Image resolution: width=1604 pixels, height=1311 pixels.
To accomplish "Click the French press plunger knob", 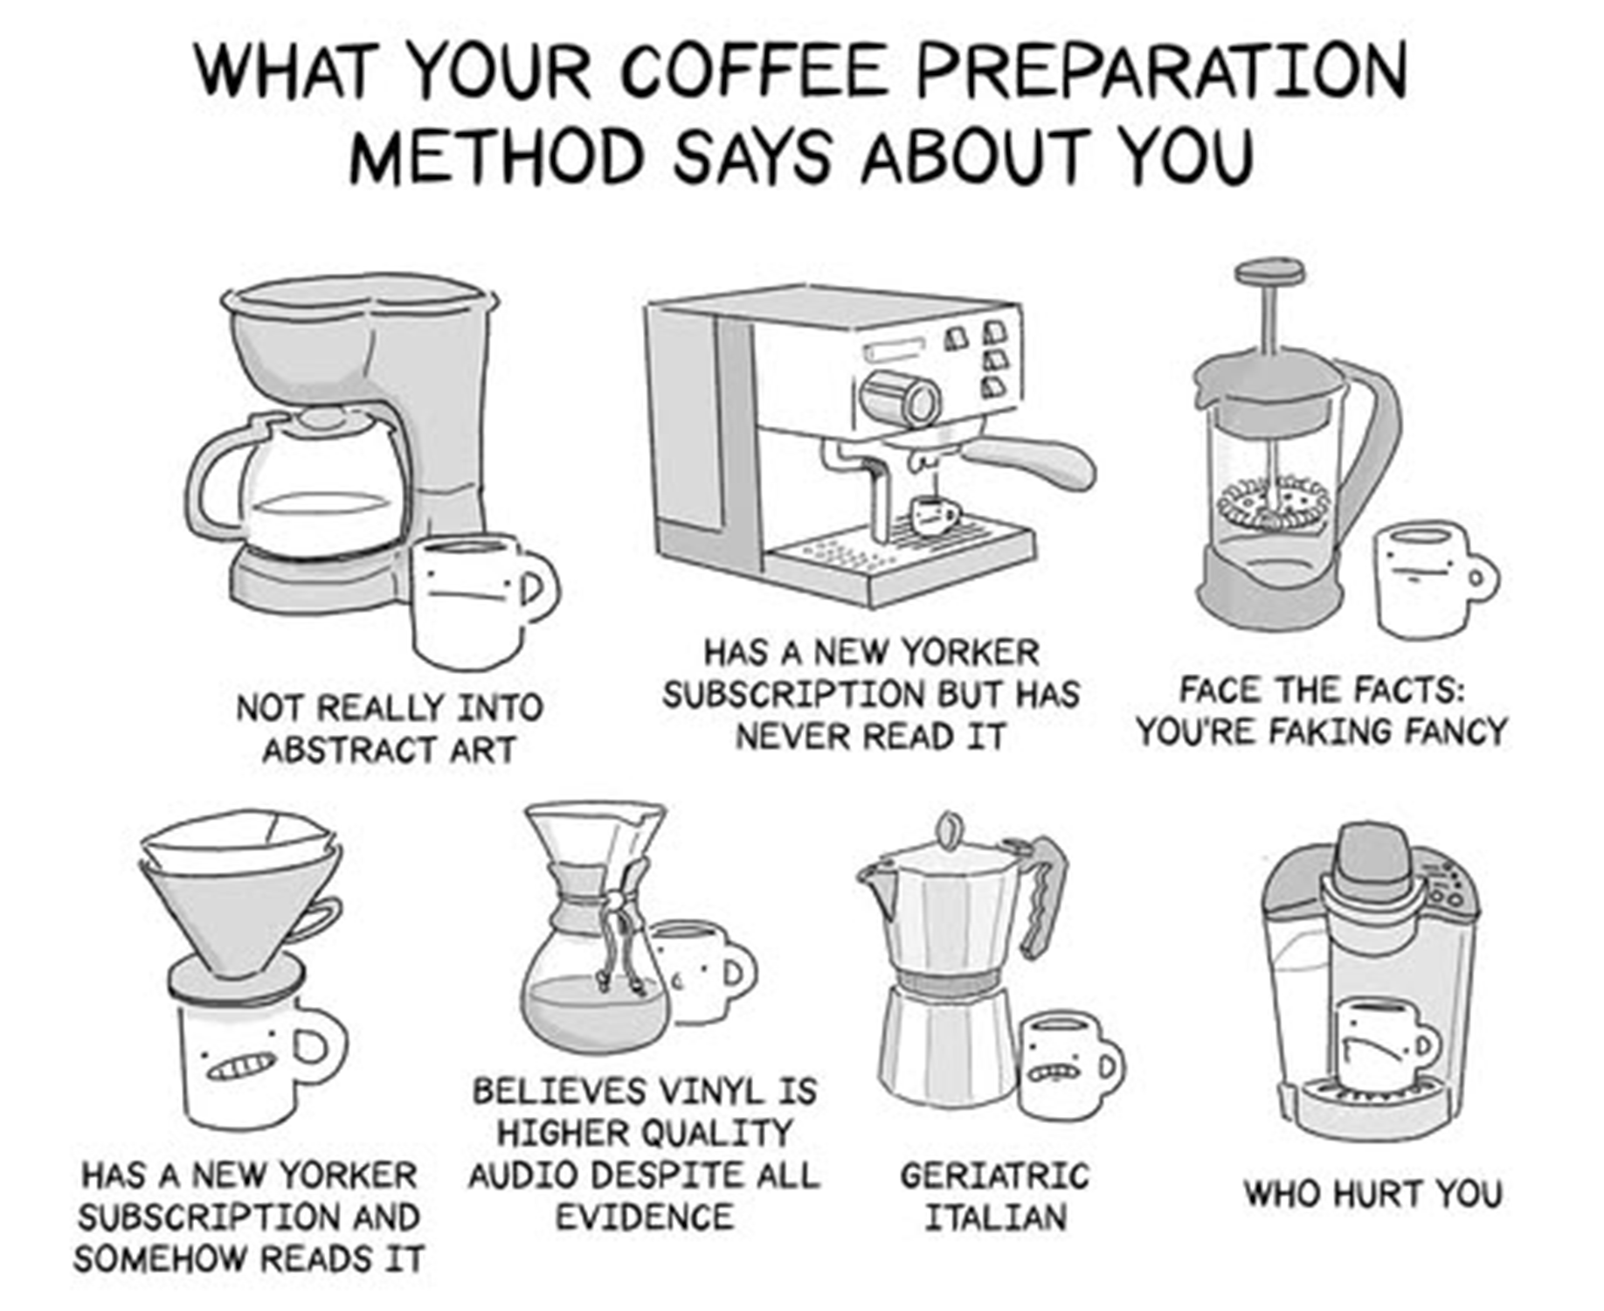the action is pos(1270,271).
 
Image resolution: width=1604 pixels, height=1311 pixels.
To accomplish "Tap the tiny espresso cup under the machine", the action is pos(932,515).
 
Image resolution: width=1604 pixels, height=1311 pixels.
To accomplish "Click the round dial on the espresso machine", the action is pos(900,400).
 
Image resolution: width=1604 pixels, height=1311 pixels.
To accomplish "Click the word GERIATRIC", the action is pos(995,1176).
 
